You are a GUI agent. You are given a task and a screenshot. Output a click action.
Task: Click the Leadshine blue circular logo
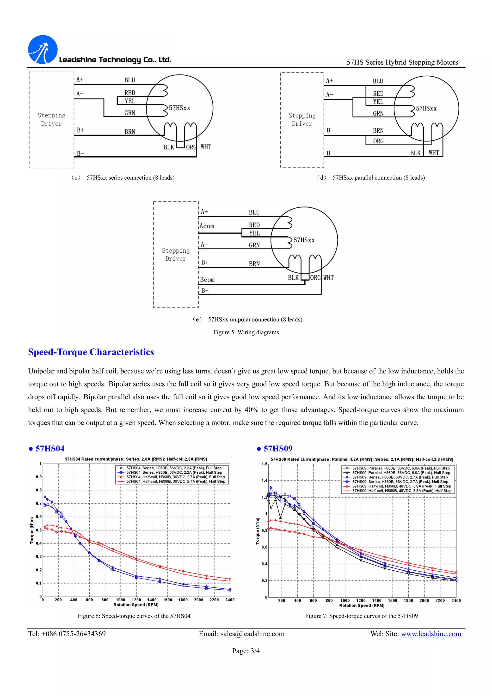[43, 49]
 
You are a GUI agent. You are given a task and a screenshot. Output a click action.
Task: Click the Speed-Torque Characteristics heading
[91, 352]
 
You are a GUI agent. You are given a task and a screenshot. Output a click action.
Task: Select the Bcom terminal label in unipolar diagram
[207, 280]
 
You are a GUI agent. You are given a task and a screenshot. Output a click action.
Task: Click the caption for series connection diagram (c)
[123, 178]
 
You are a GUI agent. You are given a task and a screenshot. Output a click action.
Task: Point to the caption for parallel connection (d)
[370, 178]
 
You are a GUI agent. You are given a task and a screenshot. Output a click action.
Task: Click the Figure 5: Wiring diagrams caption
[246, 332]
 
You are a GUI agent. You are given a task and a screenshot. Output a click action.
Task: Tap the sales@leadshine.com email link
[252, 634]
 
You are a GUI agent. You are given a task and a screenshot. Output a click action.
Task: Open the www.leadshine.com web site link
[431, 634]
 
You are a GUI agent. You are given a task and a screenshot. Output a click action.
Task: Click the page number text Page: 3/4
[246, 651]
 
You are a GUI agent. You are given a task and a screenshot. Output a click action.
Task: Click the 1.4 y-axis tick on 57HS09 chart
[264, 481]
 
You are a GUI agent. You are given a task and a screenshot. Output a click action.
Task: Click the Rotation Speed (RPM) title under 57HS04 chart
[136, 605]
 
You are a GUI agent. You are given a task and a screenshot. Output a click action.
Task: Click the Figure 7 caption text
[361, 616]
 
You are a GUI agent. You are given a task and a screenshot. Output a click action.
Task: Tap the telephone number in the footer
[67, 634]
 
